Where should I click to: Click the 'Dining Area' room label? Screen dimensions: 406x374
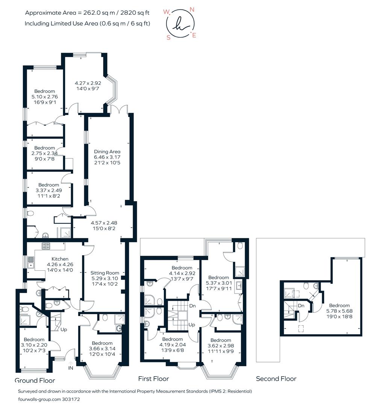point(107,151)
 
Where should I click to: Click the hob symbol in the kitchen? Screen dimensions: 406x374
point(46,246)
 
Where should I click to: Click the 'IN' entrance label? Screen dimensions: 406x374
point(71,369)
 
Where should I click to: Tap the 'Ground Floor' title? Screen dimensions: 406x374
point(35,380)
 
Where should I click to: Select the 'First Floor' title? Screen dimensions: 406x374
point(153,379)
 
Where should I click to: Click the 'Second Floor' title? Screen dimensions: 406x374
point(276,379)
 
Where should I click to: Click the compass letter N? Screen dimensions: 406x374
point(192,9)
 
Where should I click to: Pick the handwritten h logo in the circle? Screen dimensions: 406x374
point(180,24)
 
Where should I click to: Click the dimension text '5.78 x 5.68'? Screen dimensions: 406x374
point(339,311)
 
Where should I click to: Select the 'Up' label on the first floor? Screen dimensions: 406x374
point(192,324)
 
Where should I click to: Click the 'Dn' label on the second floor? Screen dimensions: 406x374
point(301,306)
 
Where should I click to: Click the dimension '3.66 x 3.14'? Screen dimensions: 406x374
point(102,349)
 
